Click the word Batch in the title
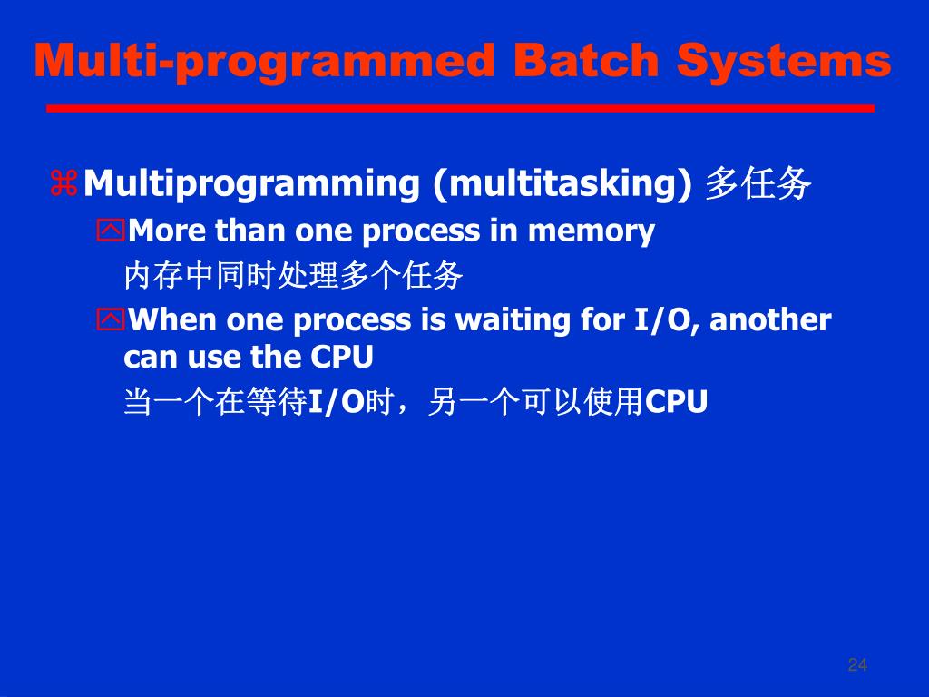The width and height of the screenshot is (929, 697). point(586,61)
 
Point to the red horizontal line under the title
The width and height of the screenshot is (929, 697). point(460,109)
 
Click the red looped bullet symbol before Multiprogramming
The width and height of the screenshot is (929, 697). point(64,182)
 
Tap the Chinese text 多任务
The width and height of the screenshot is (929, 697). point(758,183)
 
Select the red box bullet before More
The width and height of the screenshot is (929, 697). point(111,230)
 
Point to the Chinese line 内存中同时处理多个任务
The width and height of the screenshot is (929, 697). point(293,275)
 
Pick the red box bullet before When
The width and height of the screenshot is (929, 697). point(111,319)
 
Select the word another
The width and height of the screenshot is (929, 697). point(770,320)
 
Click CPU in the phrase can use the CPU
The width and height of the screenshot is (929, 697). point(342,357)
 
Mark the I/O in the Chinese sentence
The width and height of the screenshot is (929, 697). point(336,402)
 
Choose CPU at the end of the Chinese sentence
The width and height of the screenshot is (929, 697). point(676,402)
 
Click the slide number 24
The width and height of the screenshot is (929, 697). point(857,664)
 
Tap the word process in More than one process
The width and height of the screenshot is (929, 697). point(420,231)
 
